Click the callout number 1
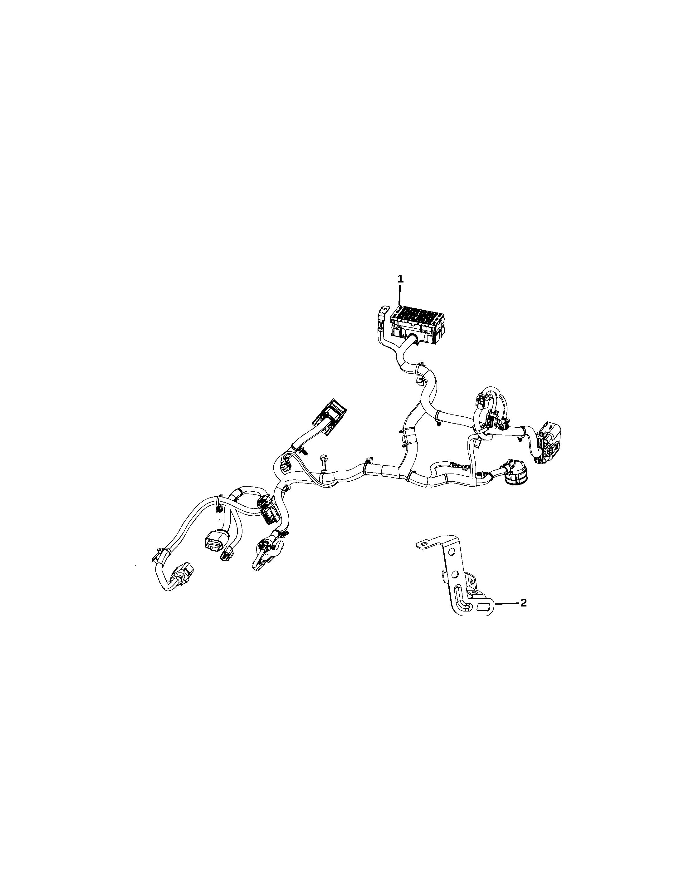coord(400,279)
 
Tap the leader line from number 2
coord(506,615)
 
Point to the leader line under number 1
coord(400,295)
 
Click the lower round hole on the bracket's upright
coord(455,574)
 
